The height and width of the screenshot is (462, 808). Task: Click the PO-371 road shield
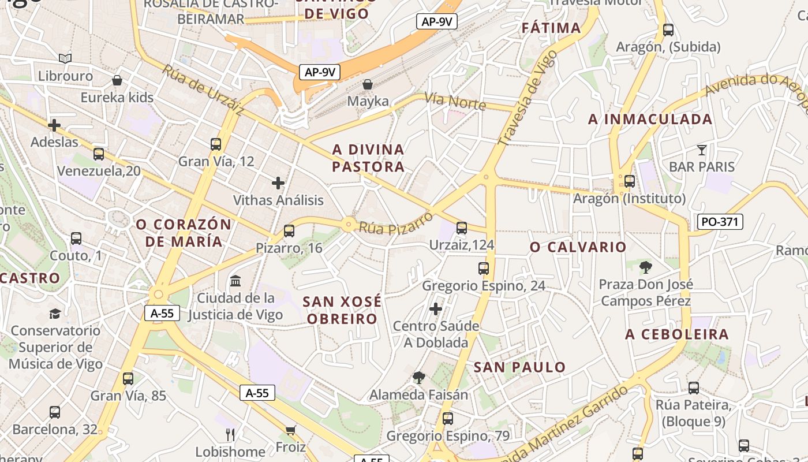click(720, 222)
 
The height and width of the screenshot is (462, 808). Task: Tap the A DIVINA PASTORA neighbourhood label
click(368, 158)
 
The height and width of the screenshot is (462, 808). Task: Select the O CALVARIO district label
click(578, 247)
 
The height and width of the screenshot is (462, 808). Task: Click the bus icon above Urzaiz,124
click(461, 228)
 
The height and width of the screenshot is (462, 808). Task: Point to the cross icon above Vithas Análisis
click(278, 183)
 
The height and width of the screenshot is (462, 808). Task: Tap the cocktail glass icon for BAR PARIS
click(701, 150)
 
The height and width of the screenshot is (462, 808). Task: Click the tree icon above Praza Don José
click(645, 267)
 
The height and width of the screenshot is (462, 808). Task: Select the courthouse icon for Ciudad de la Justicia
click(235, 281)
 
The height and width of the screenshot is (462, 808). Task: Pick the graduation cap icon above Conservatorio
click(55, 314)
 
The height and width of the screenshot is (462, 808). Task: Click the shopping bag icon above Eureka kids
click(117, 80)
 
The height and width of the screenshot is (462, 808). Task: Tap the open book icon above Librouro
click(65, 58)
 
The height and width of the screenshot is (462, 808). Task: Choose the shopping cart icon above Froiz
click(290, 430)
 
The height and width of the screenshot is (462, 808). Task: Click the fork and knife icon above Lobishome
click(230, 434)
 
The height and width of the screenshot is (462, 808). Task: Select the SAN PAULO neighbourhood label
click(519, 367)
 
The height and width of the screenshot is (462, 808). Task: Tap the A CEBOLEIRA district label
click(677, 334)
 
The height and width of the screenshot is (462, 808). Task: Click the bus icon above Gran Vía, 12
click(216, 144)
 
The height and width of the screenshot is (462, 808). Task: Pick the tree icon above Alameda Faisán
click(418, 378)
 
